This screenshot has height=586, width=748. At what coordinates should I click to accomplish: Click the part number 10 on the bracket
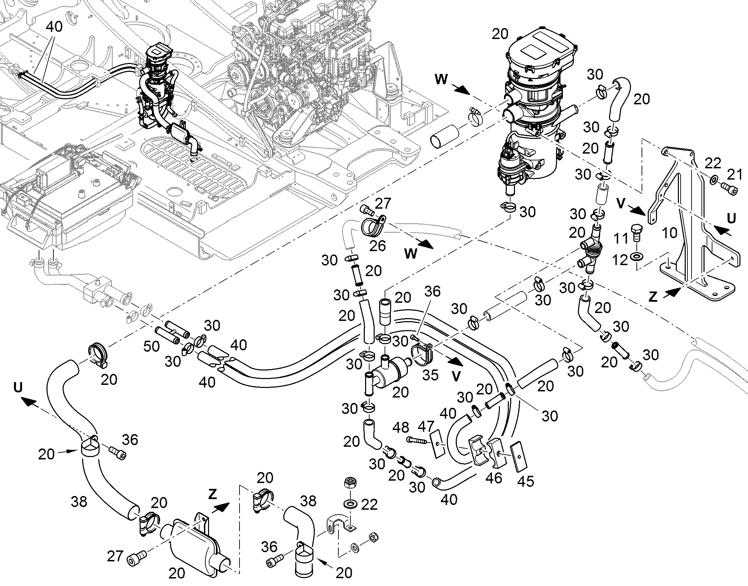tap(669, 233)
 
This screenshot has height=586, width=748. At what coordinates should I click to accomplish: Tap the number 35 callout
tap(430, 375)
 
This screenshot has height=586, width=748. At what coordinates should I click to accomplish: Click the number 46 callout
tap(494, 478)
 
